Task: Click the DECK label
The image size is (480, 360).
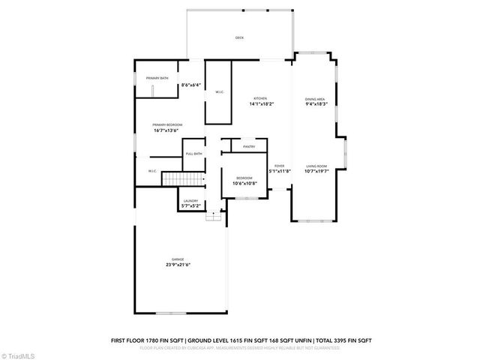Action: [x=239, y=37]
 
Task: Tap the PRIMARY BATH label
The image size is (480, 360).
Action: [x=157, y=78]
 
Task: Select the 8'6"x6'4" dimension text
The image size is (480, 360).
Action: [x=190, y=85]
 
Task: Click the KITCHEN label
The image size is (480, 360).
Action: [x=260, y=98]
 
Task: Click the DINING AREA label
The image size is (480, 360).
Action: [x=315, y=99]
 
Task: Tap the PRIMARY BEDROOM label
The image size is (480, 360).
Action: [x=167, y=124]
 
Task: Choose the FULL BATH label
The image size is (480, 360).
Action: [x=193, y=154]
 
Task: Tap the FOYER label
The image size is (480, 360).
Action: [x=279, y=165]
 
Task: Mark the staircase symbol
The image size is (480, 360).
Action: [x=184, y=179]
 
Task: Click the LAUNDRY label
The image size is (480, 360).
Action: [x=190, y=200]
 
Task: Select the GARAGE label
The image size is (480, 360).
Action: [x=178, y=259]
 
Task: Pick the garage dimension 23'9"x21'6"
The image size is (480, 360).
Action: [x=178, y=265]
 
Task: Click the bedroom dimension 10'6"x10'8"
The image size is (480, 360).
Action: [x=244, y=183]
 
